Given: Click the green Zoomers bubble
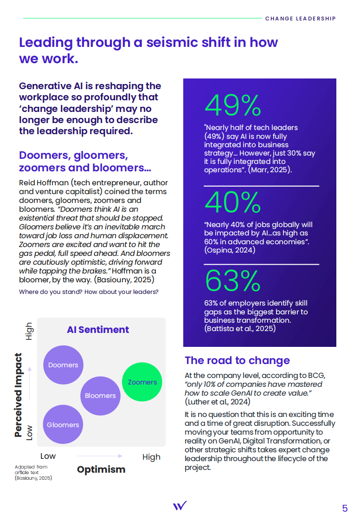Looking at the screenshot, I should click(142, 382).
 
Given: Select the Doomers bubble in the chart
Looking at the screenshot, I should click(63, 365).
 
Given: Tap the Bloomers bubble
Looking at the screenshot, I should click(100, 396).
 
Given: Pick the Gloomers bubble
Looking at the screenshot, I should click(63, 424).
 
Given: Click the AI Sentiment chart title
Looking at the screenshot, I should click(98, 330).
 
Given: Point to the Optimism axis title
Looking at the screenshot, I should click(101, 469).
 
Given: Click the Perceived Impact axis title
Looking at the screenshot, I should click(18, 395).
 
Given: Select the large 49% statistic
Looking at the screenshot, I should click(233, 106).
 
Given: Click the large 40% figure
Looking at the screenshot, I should click(233, 202).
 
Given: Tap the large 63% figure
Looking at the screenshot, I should click(233, 280).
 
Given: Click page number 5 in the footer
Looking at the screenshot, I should click(345, 508).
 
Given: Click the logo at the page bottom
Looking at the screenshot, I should click(180, 506).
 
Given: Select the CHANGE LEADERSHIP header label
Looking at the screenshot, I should click(300, 19).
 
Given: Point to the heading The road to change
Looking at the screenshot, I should click(237, 360).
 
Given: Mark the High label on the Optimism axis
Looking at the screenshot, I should click(151, 457).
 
